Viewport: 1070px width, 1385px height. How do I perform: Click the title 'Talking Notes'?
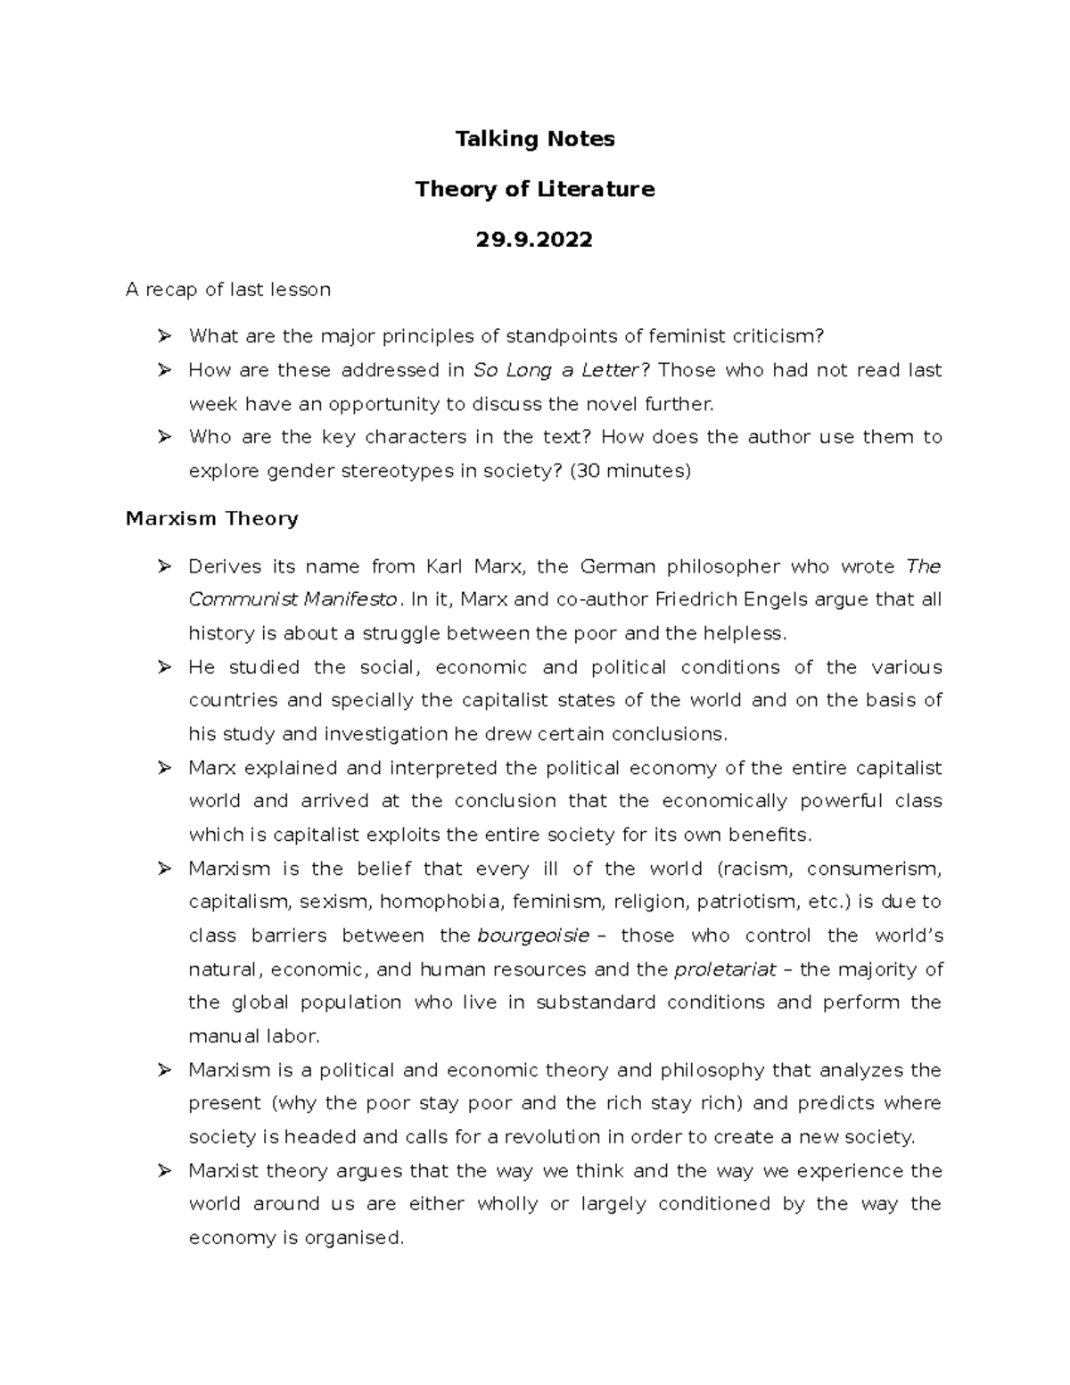point(534,139)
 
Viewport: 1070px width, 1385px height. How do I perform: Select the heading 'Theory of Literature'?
point(534,189)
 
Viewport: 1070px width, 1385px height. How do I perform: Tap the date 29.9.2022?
point(534,240)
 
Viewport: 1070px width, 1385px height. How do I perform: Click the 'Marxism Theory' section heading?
point(211,519)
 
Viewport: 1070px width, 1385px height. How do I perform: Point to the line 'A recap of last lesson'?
point(228,290)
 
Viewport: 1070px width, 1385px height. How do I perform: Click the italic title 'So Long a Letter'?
point(556,370)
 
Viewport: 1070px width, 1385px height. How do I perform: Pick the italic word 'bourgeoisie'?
point(533,936)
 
